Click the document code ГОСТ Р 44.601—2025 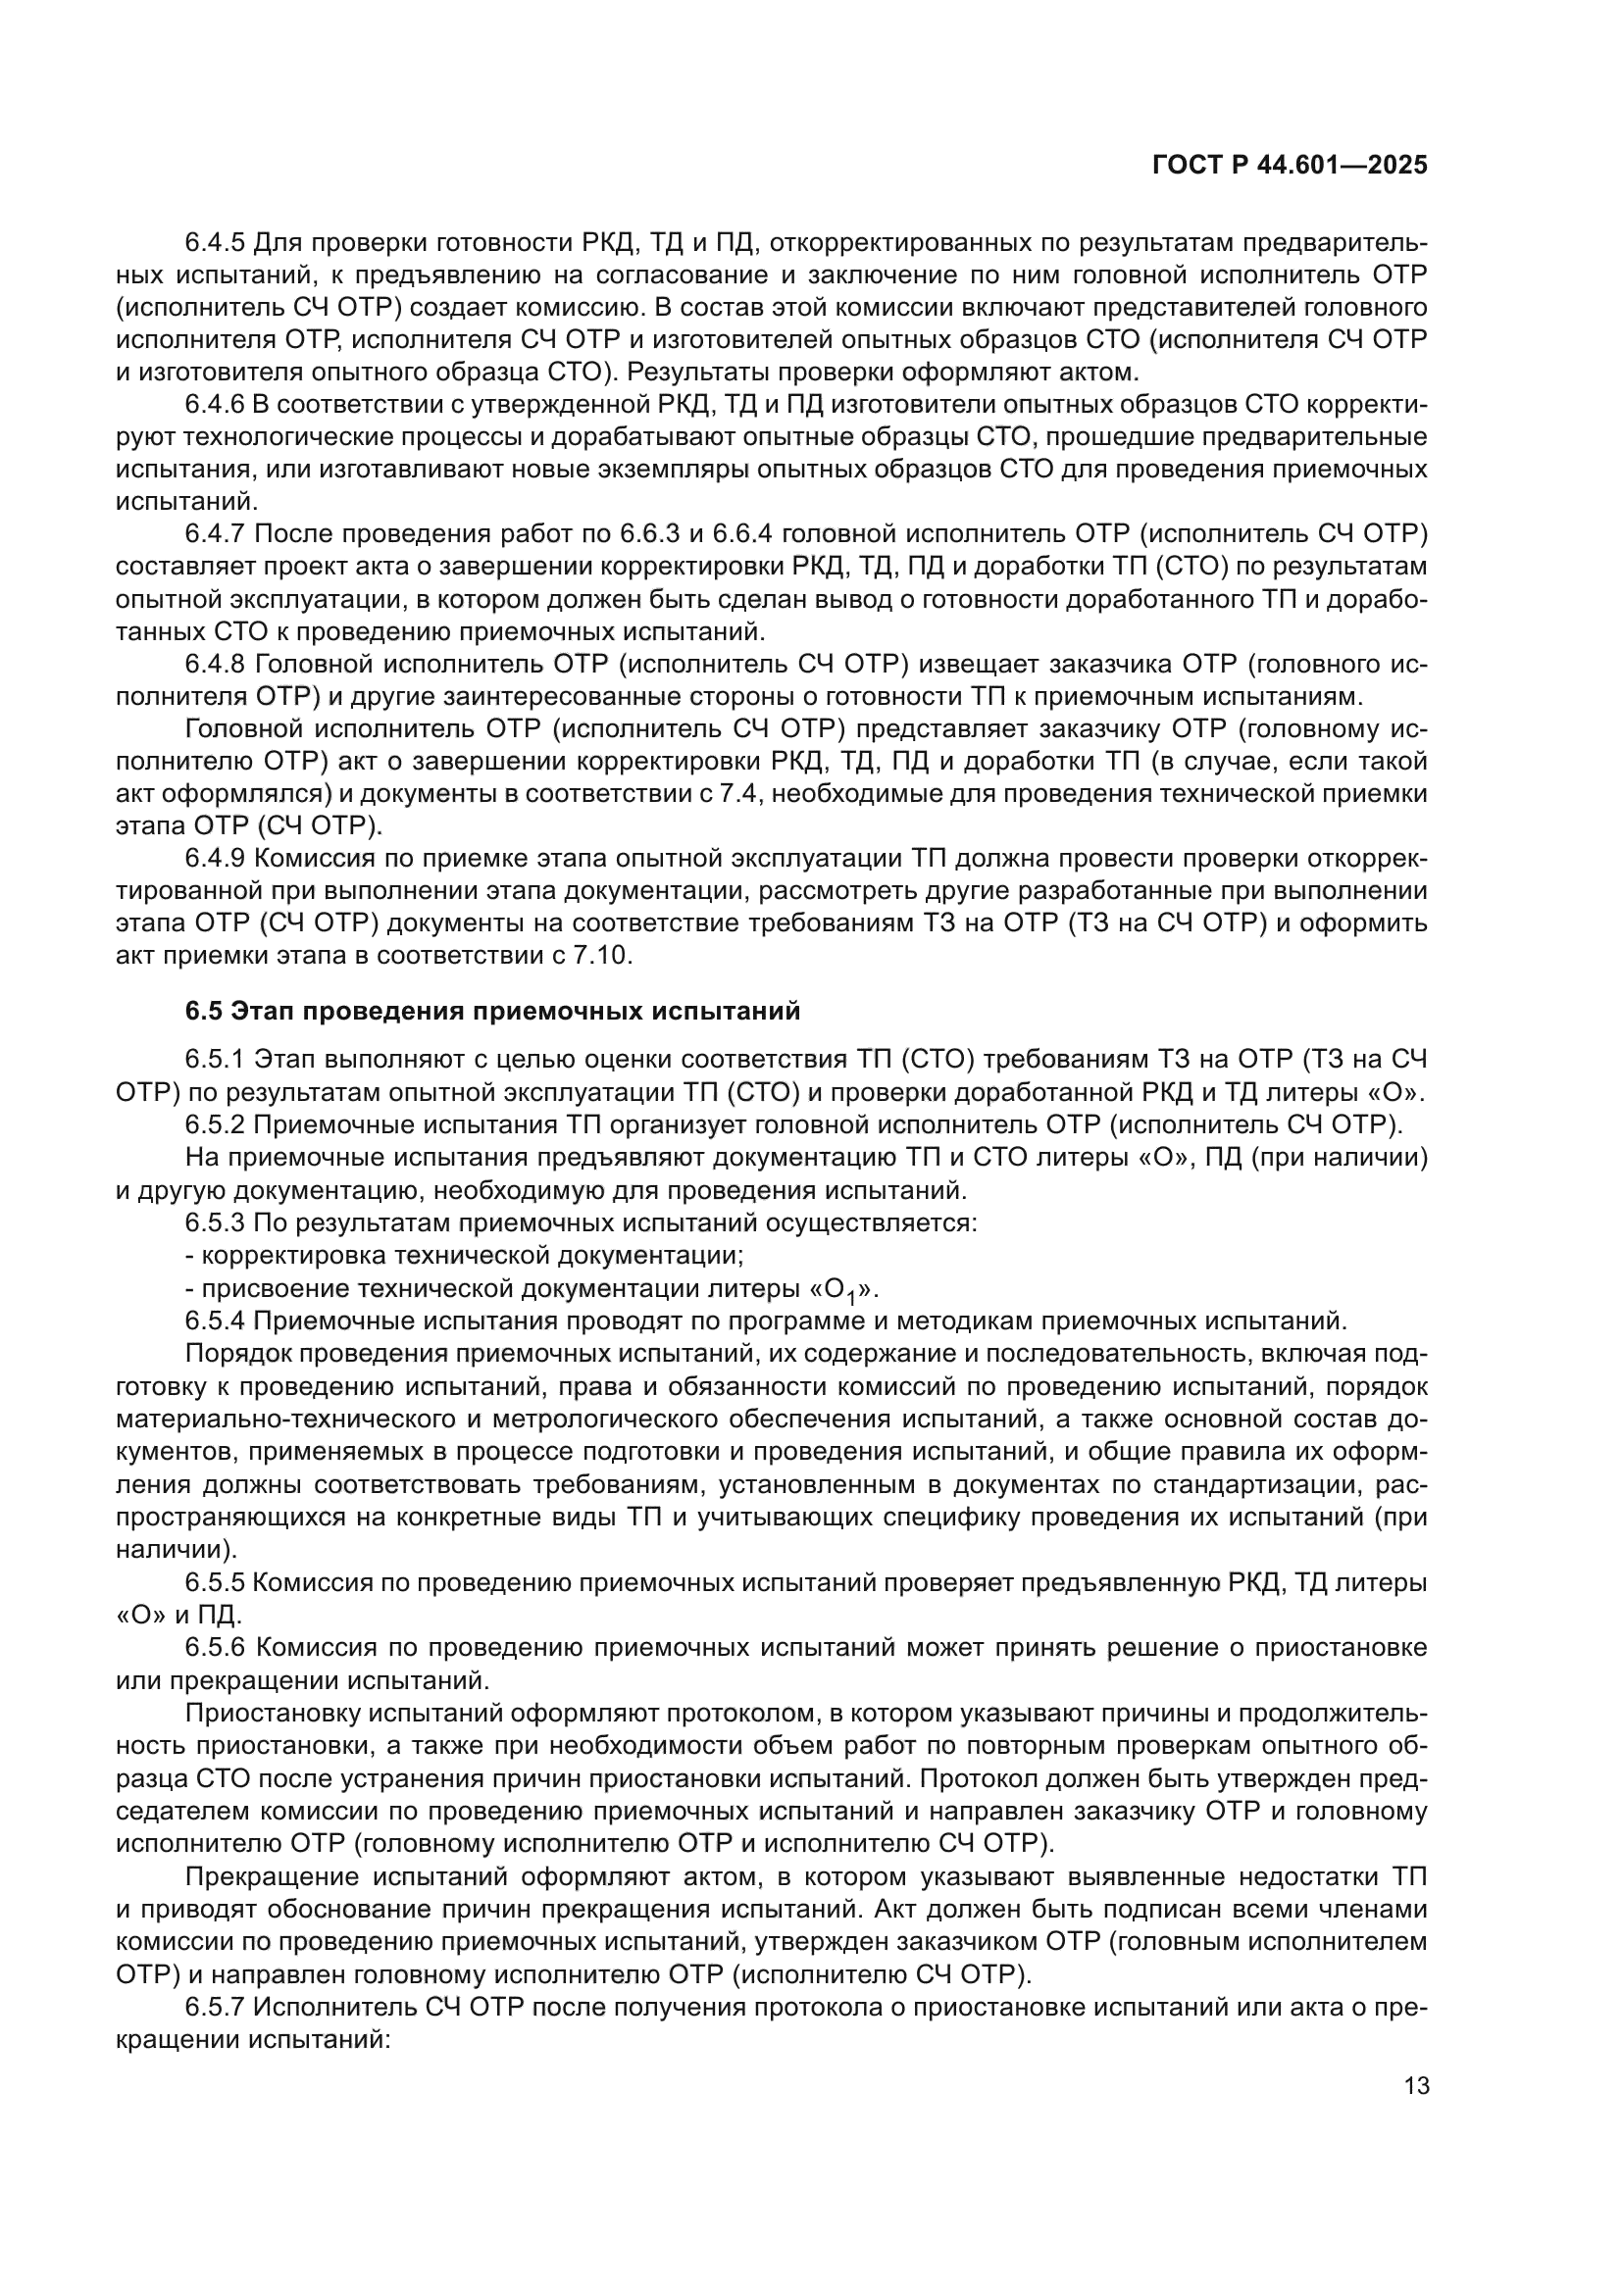point(1290,166)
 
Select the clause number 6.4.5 point(215,243)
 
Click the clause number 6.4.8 point(215,664)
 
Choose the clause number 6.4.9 point(215,859)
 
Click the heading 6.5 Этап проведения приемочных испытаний point(492,1012)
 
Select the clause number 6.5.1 point(215,1059)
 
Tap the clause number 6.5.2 point(215,1124)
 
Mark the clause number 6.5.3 point(215,1221)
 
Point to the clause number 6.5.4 point(215,1321)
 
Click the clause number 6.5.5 point(215,1582)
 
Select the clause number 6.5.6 point(215,1647)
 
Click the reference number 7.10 point(600,956)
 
